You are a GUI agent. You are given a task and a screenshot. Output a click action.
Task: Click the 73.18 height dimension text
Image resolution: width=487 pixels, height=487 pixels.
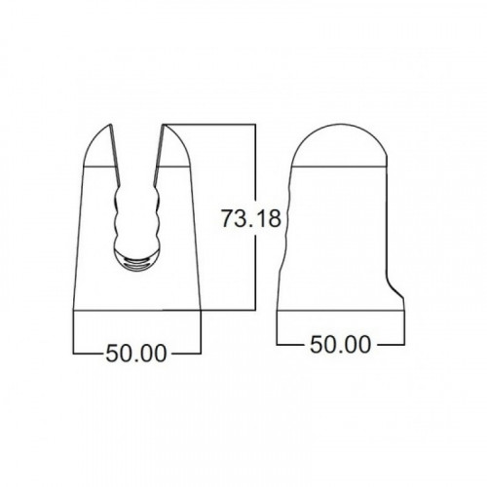[x=251, y=218]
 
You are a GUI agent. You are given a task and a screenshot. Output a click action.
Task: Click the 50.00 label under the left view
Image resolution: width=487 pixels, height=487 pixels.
[x=136, y=354]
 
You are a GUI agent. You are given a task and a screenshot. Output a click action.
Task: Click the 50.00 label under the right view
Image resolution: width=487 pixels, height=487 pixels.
[x=340, y=345]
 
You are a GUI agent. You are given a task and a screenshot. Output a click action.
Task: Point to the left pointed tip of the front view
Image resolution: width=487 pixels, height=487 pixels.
[x=112, y=125]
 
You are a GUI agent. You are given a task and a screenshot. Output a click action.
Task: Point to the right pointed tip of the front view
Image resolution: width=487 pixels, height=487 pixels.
[x=163, y=125]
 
